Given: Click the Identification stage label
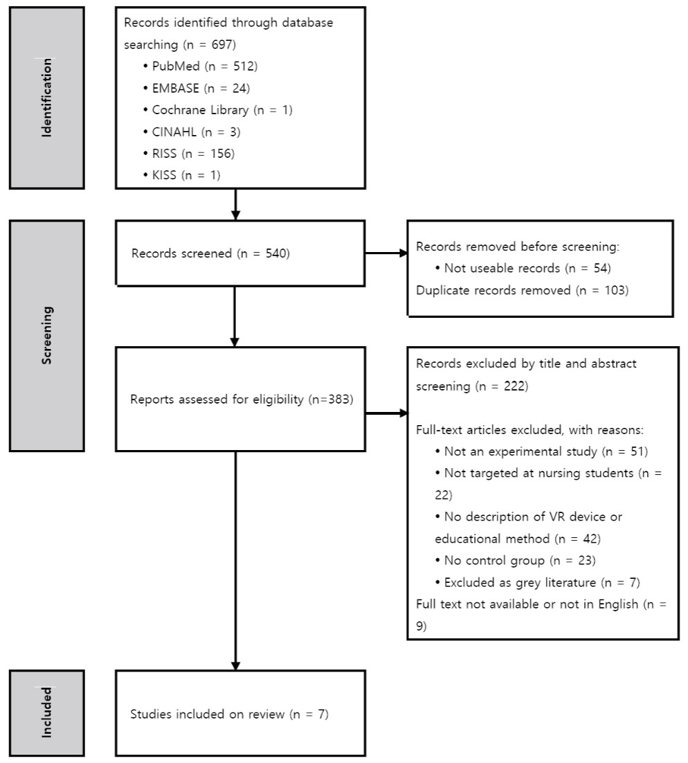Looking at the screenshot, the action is (46, 98).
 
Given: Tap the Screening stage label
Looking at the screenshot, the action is (46, 335).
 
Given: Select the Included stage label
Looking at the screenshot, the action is (46, 712).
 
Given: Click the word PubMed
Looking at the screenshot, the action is (176, 66).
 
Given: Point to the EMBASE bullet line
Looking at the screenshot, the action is (197, 88).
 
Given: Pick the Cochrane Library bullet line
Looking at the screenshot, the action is (218, 110).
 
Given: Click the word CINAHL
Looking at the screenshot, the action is (174, 132).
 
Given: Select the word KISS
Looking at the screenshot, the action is (164, 175).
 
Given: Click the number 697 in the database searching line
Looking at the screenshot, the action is (221, 45).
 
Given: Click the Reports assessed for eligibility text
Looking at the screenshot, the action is (242, 400).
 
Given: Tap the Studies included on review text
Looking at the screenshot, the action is (229, 715).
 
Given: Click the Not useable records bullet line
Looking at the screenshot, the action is (523, 268).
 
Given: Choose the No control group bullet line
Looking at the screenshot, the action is (515, 561).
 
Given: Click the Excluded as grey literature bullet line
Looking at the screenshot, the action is (537, 582).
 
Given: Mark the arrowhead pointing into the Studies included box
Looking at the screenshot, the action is (235, 665).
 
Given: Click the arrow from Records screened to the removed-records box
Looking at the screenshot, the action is (386, 253).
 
